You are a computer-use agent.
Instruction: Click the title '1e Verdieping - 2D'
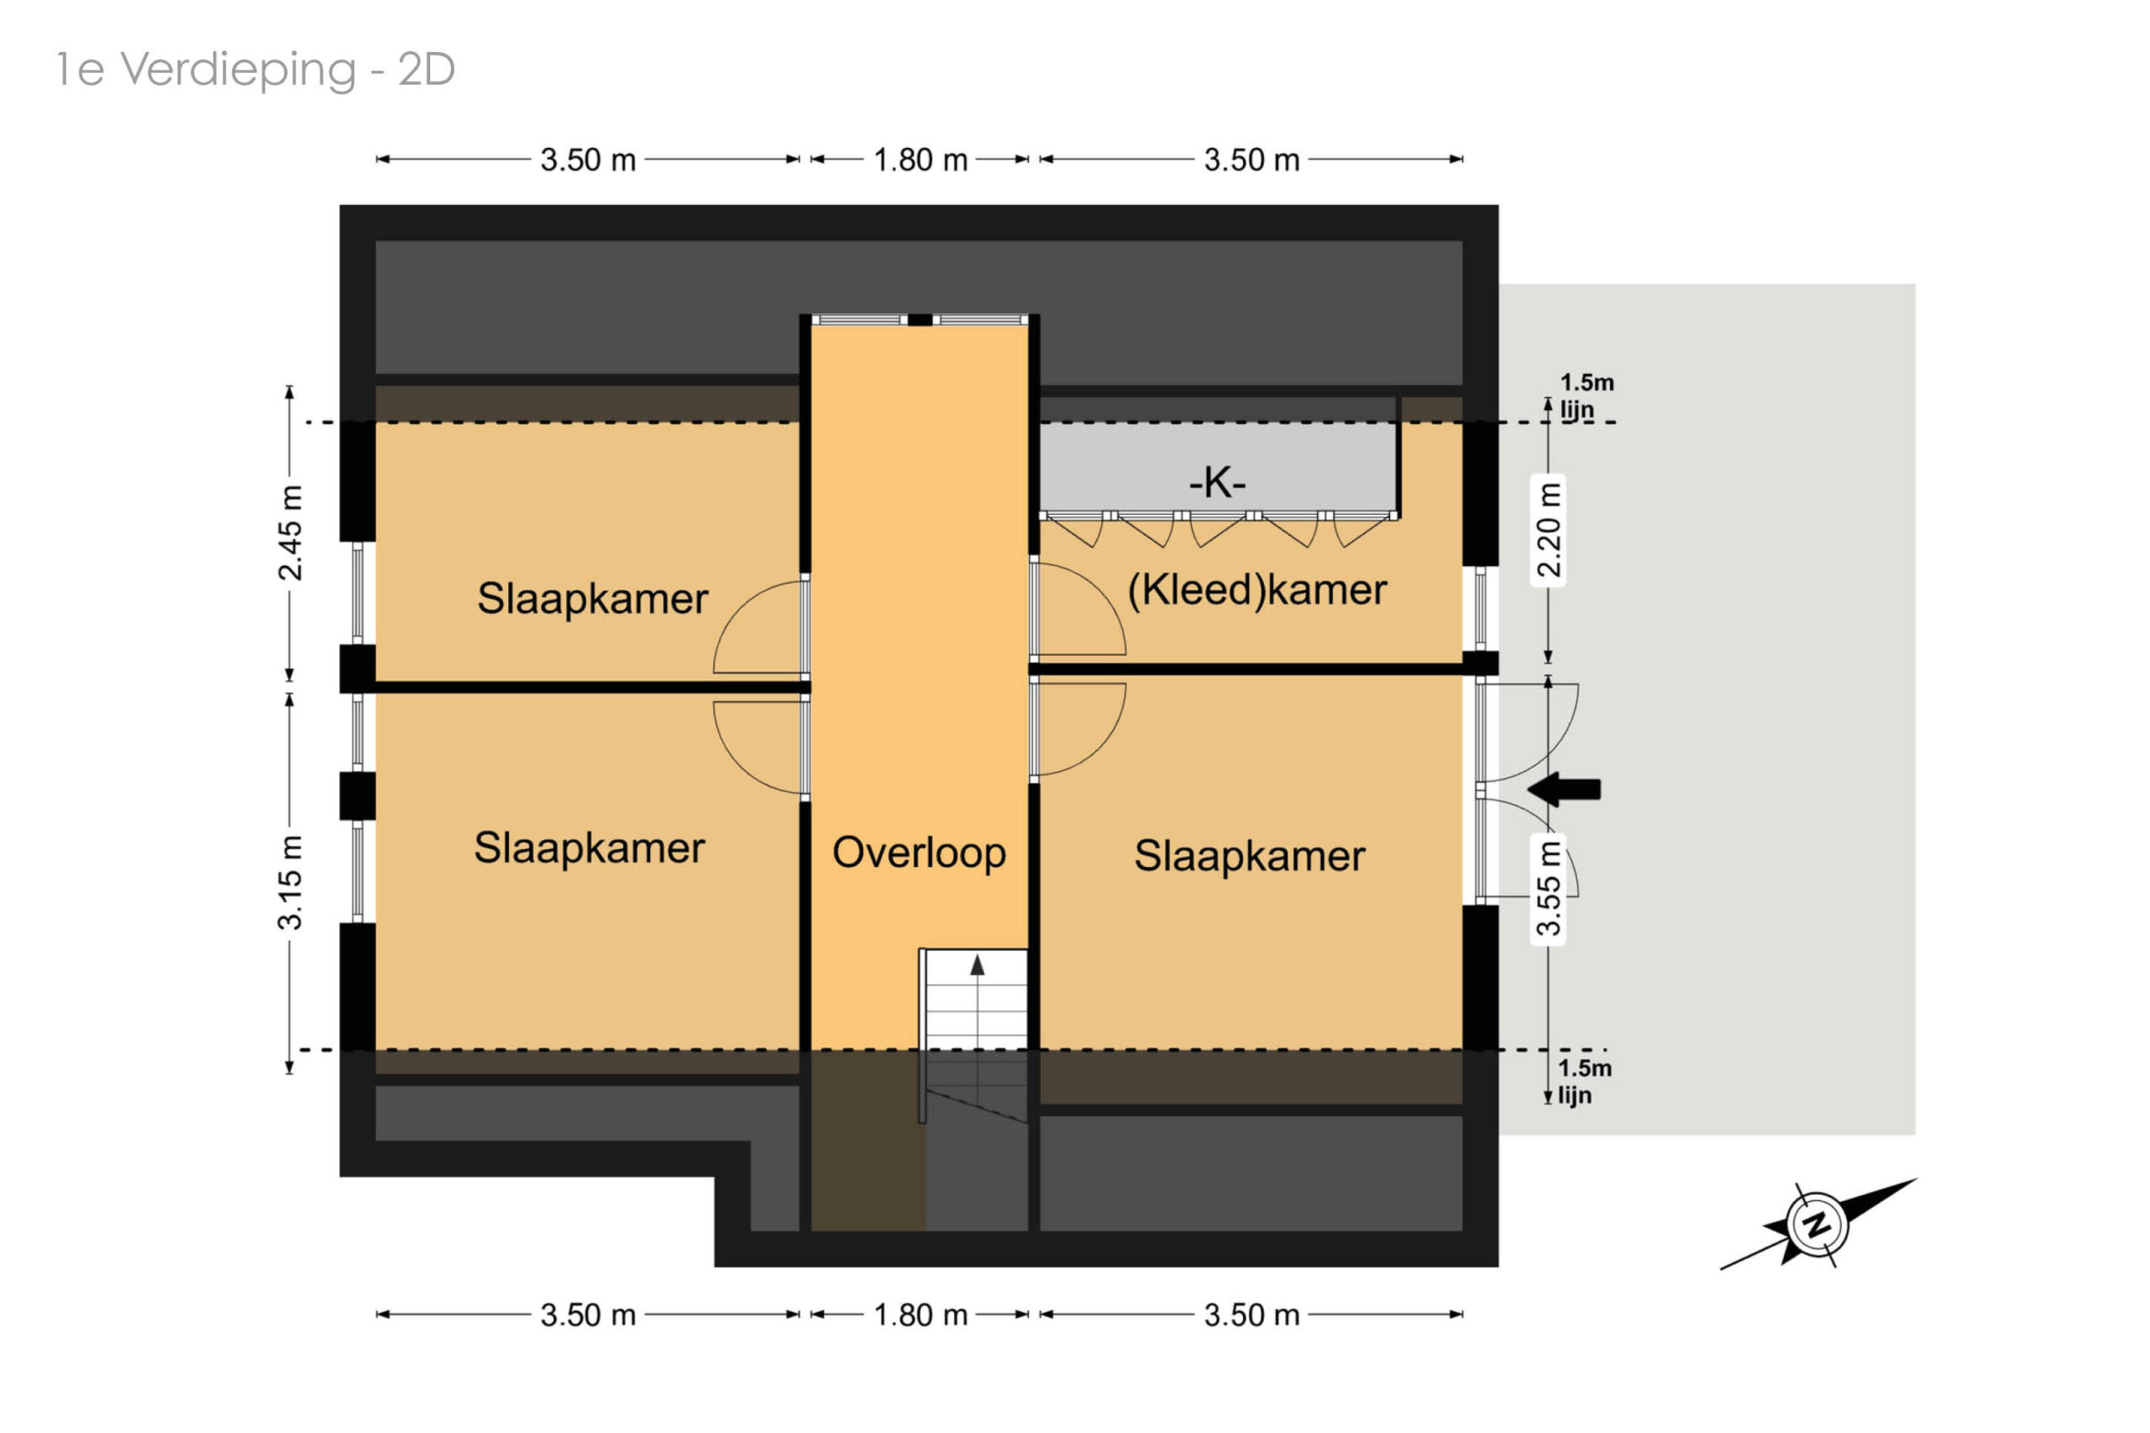(256, 70)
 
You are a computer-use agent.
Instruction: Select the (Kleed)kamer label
(1256, 590)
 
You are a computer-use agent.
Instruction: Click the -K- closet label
(1216, 481)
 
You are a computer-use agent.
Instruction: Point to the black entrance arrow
(1564, 789)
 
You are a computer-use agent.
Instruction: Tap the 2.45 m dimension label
(290, 533)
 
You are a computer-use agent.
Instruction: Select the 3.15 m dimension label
(290, 882)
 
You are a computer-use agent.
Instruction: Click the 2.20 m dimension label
(1548, 530)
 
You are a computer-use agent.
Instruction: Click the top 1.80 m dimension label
(920, 160)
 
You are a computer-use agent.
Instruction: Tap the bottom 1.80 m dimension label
(920, 1315)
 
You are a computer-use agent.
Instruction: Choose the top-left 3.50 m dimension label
(588, 160)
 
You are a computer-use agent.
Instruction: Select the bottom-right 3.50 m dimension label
(1251, 1315)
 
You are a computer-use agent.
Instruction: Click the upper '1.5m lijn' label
(1586, 396)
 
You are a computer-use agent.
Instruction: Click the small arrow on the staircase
(977, 964)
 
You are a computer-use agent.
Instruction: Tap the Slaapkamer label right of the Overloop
(1249, 856)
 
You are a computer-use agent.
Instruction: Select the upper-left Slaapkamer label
(592, 599)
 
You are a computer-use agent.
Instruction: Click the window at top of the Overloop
(920, 320)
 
